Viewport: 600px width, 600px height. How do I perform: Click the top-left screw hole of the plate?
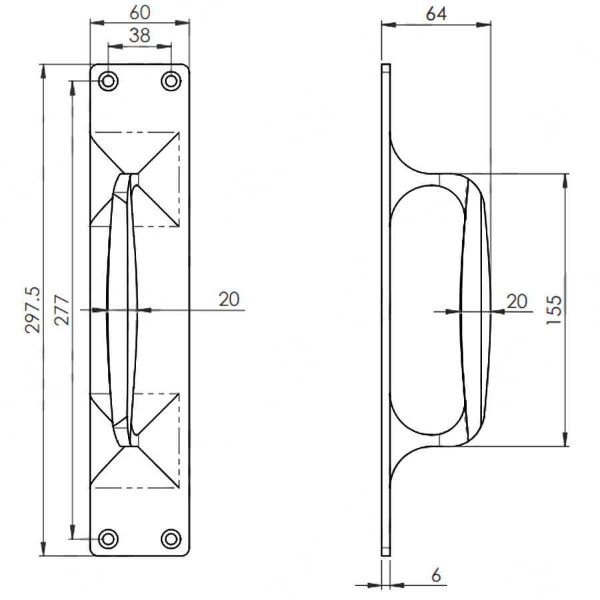click(x=108, y=81)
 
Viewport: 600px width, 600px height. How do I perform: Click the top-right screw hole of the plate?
click(x=171, y=81)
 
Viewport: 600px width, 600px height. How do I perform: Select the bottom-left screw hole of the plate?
click(x=108, y=539)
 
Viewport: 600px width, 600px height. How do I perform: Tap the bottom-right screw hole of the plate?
click(x=171, y=539)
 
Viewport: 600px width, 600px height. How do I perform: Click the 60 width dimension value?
click(x=140, y=13)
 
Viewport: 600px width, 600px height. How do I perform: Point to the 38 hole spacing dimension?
click(x=140, y=35)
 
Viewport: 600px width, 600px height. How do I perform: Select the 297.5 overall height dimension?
click(x=32, y=310)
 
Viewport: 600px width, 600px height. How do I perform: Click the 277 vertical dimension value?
click(x=61, y=310)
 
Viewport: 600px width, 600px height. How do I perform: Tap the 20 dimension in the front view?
click(x=229, y=299)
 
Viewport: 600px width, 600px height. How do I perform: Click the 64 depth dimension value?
click(x=436, y=14)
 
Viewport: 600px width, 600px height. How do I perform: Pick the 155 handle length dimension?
click(x=554, y=310)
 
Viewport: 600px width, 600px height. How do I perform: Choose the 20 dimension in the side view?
click(x=517, y=301)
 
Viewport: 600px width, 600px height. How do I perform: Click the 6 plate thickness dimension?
click(x=436, y=575)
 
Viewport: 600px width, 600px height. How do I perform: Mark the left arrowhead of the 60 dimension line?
click(x=97, y=23)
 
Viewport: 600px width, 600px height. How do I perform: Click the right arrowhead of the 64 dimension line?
click(x=484, y=25)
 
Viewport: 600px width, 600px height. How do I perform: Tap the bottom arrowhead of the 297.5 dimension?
click(x=43, y=549)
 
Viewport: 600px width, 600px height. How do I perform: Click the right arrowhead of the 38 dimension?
click(x=164, y=46)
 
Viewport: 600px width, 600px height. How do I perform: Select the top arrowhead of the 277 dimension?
click(x=72, y=88)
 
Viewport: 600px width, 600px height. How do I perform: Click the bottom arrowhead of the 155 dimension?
click(x=565, y=439)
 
